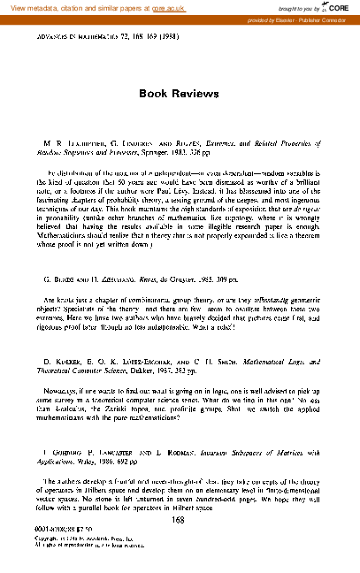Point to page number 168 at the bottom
180,520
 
